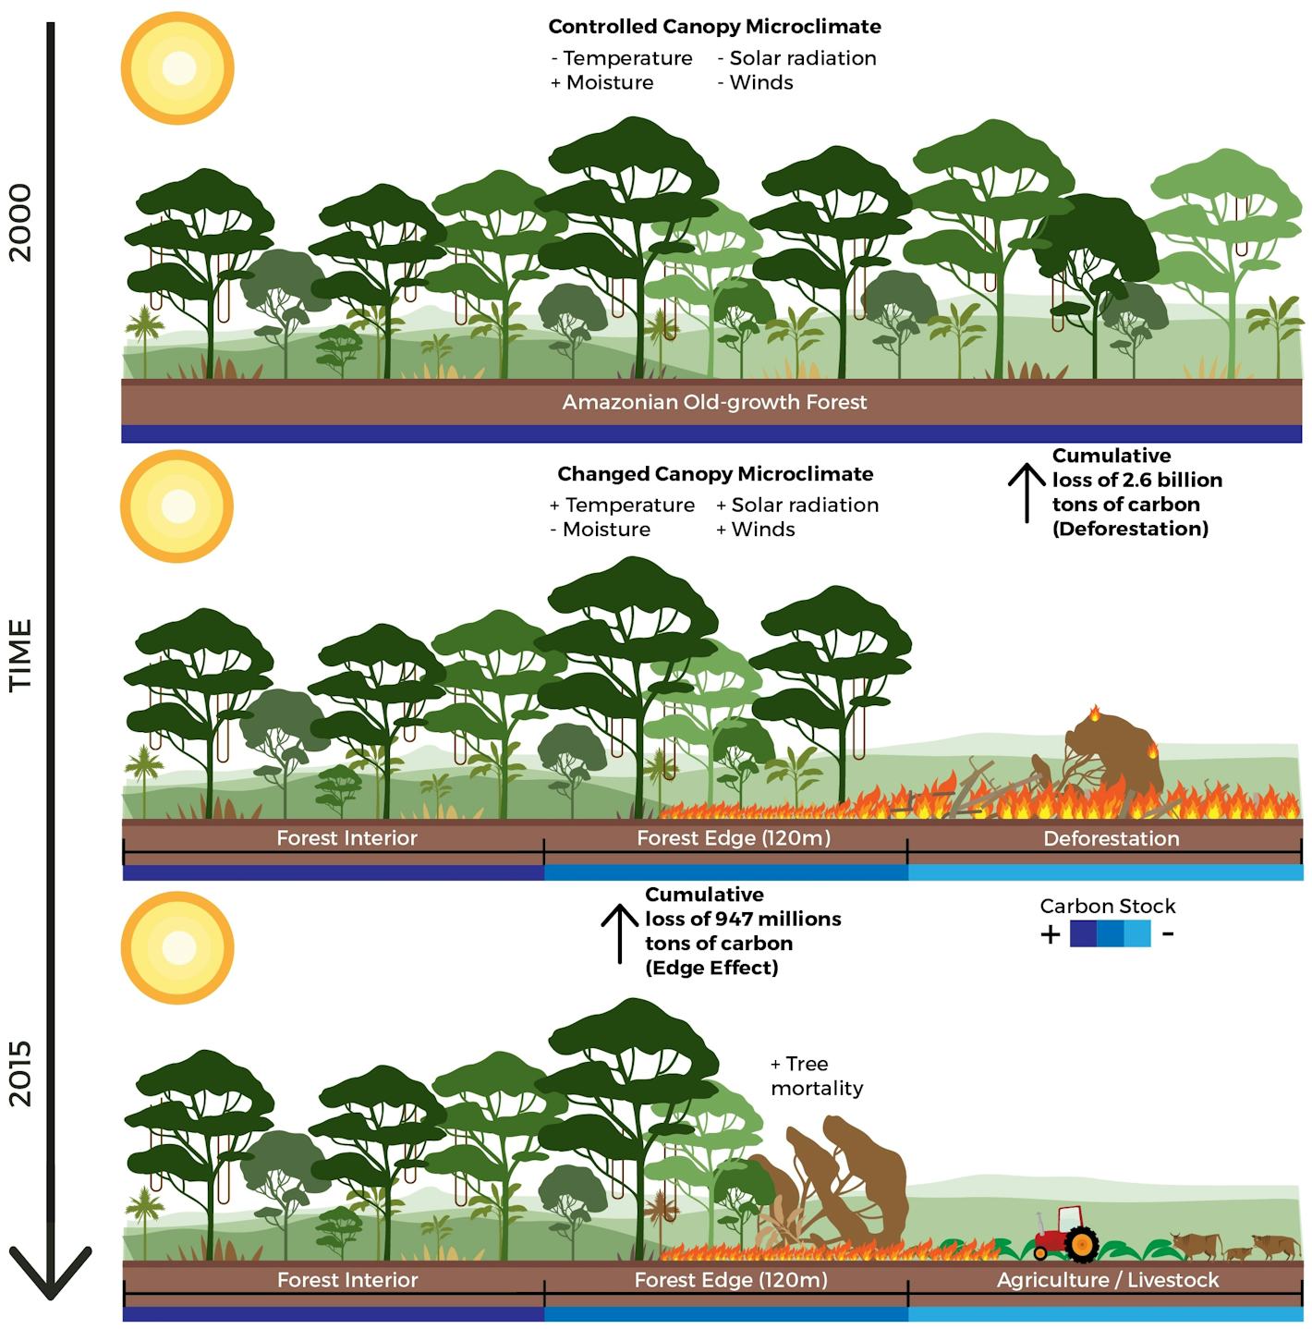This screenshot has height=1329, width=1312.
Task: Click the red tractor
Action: point(1066,1235)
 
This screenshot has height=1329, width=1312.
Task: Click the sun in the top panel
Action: point(177,68)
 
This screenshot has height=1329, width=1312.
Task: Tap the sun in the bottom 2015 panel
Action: point(177,947)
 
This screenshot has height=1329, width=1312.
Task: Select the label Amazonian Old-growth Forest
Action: point(714,402)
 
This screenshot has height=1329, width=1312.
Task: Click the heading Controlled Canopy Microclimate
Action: point(714,27)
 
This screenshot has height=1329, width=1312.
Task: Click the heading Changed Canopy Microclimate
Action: point(714,474)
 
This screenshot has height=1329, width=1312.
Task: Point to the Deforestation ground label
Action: point(1111,838)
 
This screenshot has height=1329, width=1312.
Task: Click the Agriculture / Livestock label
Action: point(1107,1280)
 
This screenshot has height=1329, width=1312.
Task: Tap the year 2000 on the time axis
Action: point(20,223)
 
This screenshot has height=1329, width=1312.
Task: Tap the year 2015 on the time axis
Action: point(20,1073)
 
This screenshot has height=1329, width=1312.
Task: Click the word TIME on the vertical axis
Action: point(20,654)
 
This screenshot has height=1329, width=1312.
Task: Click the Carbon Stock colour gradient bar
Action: point(1110,933)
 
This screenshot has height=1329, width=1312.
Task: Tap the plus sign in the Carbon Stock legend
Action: point(1050,934)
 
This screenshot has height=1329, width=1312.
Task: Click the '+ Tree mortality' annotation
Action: point(816,1076)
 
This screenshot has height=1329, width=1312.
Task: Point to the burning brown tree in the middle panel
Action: point(1113,753)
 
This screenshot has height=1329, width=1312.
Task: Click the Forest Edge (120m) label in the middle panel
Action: point(733,838)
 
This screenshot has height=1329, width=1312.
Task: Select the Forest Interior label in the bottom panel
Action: point(347,1280)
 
